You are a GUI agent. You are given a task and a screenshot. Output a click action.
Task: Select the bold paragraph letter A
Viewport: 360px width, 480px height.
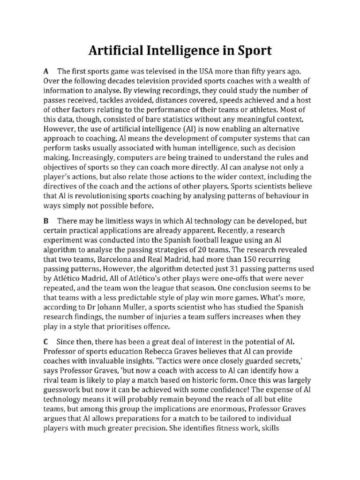coord(46,72)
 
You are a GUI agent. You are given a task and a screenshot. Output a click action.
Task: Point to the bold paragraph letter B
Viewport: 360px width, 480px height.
coord(46,221)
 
